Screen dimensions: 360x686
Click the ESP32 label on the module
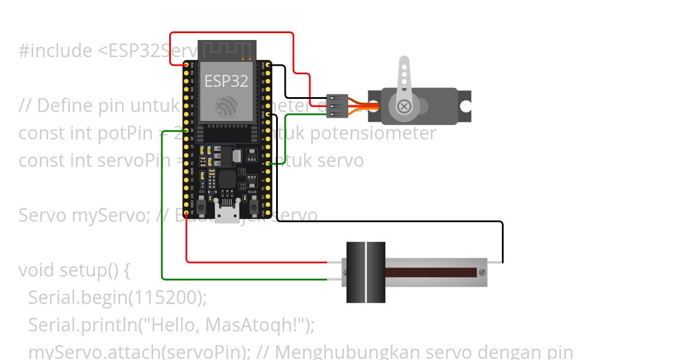coord(226,81)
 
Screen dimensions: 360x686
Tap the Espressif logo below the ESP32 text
coord(227,107)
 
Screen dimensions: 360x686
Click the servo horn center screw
coord(404,107)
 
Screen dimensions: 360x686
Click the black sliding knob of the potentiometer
coord(366,272)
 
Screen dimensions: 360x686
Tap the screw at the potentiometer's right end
coord(482,272)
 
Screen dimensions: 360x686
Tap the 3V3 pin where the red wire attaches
coord(186,65)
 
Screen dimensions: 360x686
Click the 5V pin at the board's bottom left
coord(186,212)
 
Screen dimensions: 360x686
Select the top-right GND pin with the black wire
coord(269,65)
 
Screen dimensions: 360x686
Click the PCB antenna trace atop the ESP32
coord(227,49)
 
